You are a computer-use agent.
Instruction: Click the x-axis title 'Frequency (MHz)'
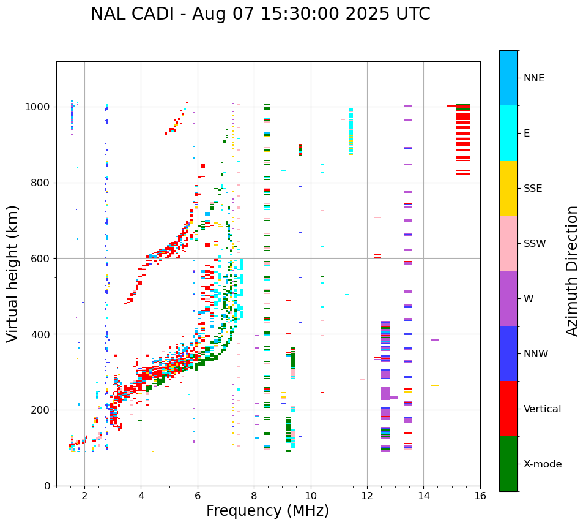point(267,511)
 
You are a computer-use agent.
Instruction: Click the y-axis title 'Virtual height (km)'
point(13,274)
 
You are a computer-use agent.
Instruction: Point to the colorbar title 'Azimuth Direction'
point(572,271)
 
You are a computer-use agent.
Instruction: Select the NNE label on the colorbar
point(533,78)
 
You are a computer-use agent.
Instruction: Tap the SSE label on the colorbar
point(532,189)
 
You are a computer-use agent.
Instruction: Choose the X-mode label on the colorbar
point(542,464)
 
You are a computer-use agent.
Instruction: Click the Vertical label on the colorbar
point(542,409)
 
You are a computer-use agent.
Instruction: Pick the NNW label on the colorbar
point(535,354)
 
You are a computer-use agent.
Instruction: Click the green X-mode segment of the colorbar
point(508,464)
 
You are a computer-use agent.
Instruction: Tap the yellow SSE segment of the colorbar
point(508,188)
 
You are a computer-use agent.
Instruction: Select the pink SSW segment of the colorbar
point(508,243)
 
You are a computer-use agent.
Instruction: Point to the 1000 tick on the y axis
point(40,107)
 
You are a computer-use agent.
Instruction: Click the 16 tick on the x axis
point(480,495)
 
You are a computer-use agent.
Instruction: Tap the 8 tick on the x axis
point(254,495)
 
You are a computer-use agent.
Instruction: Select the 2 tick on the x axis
point(84,495)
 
